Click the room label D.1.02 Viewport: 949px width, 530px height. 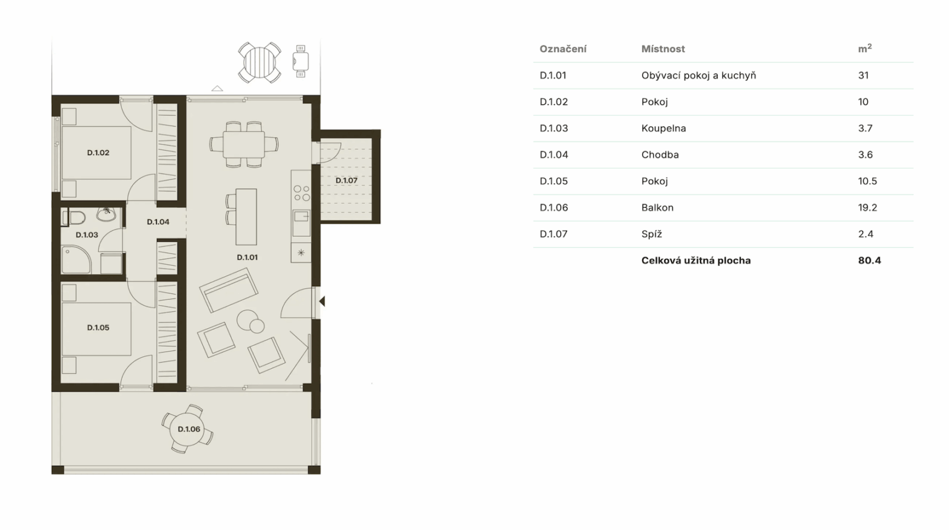click(x=98, y=153)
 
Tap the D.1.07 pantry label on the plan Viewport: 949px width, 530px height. click(x=346, y=180)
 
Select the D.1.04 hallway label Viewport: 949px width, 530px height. click(x=158, y=222)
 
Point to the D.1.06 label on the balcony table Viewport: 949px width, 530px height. click(x=188, y=429)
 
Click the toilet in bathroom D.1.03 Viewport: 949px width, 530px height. click(x=74, y=218)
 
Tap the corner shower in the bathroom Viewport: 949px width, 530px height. click(x=76, y=259)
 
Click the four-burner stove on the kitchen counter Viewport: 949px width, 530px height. click(x=302, y=193)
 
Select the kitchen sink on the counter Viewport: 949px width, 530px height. click(x=302, y=217)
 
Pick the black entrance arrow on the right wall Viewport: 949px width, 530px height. click(x=323, y=301)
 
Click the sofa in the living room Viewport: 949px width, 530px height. click(x=229, y=290)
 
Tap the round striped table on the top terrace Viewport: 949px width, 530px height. click(x=259, y=62)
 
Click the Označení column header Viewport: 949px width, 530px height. click(x=563, y=49)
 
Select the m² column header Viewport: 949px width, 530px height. click(x=865, y=49)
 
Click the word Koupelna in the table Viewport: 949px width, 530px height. click(x=664, y=128)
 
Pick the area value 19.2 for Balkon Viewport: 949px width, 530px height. click(x=867, y=208)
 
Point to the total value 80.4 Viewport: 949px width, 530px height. click(x=869, y=261)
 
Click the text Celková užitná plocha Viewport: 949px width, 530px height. click(x=696, y=261)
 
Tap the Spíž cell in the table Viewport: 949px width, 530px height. click(x=652, y=234)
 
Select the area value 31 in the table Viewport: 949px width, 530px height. click(x=863, y=75)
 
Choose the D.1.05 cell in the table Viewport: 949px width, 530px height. click(x=554, y=182)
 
